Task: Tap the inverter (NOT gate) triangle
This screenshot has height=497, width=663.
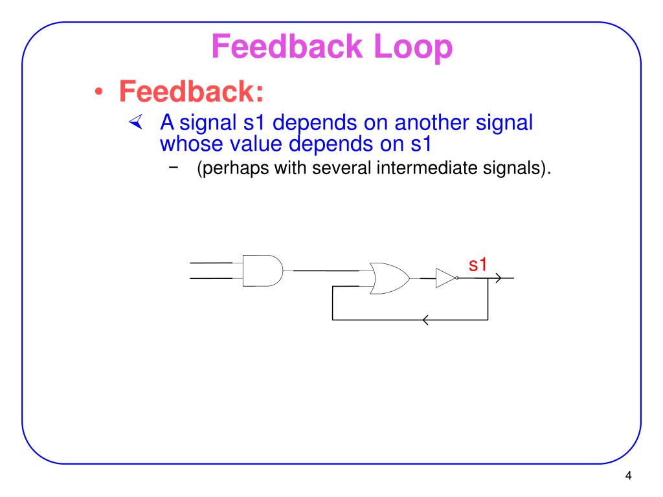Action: (445, 278)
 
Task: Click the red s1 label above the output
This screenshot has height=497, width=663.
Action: (478, 264)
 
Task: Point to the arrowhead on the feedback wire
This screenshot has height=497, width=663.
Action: (425, 320)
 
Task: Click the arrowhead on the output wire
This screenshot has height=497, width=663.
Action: (498, 278)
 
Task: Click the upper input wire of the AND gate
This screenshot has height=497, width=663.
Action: (211, 263)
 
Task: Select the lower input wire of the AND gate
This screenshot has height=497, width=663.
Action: (211, 279)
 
